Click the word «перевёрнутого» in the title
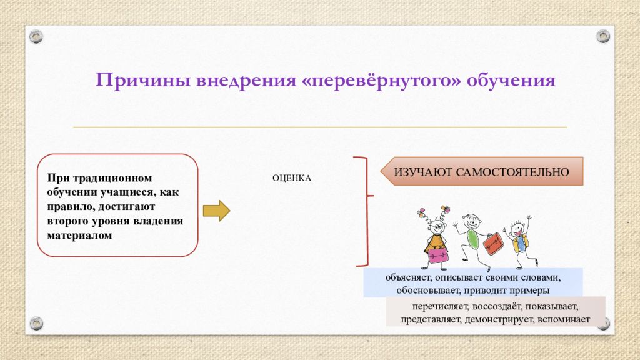coord(381,80)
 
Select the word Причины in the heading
coord(143,80)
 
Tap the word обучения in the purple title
coord(511,80)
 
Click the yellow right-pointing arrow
coord(217,211)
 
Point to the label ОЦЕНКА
coord(292,178)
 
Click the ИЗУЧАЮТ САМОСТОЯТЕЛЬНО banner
coord(482,171)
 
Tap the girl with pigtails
coord(435,237)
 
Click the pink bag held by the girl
coord(438,255)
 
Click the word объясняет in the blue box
coord(407,277)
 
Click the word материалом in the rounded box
coord(79,236)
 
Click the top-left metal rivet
coord(36,37)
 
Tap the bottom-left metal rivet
coord(36,323)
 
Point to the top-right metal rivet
coord(603,36)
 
